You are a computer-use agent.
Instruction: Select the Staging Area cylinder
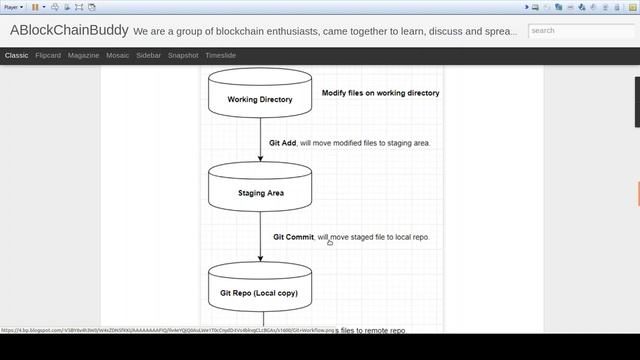pyautogui.click(x=260, y=191)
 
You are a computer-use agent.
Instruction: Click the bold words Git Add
pyautogui.click(x=283, y=143)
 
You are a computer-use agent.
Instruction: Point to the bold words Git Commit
pyautogui.click(x=293, y=237)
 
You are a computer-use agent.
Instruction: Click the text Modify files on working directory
pyautogui.click(x=380, y=93)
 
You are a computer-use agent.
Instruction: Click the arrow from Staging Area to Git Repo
pyautogui.click(x=261, y=238)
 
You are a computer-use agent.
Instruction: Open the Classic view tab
pyautogui.click(x=16, y=56)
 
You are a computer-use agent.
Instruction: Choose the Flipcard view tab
pyautogui.click(x=47, y=56)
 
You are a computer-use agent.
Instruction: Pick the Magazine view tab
pyautogui.click(x=83, y=56)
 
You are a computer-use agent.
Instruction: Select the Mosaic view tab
pyautogui.click(x=117, y=56)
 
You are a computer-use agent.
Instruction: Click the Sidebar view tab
pyautogui.click(x=148, y=56)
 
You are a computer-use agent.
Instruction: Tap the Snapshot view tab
pyautogui.click(x=183, y=56)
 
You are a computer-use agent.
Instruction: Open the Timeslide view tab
pyautogui.click(x=220, y=56)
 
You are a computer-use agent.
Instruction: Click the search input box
pyautogui.click(x=578, y=31)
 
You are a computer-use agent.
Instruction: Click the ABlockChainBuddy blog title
pyautogui.click(x=69, y=30)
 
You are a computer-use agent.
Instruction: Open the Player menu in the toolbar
pyautogui.click(x=13, y=7)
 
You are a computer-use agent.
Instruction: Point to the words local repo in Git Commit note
pyautogui.click(x=408, y=237)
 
